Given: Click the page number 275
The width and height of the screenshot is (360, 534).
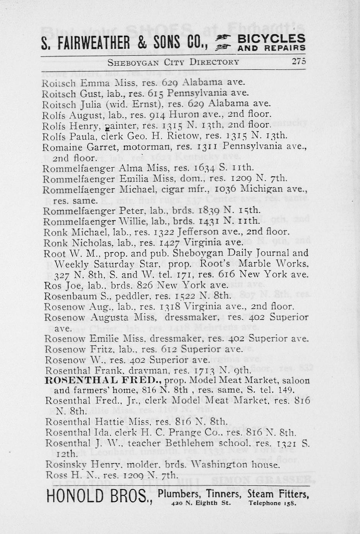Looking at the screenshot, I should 299,62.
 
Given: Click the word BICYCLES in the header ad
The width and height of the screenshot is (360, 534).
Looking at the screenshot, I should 271,39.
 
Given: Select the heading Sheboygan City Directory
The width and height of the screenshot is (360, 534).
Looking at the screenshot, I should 173,62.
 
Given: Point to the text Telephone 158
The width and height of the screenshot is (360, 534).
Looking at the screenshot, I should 273,503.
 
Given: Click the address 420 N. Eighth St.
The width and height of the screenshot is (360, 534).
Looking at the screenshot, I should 201,503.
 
